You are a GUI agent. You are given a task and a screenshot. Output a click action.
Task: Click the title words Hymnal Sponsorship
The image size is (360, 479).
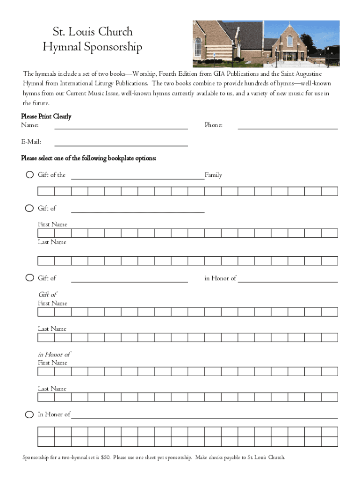coord(92,47)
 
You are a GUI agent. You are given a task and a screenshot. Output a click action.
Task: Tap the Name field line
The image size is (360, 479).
coord(121,128)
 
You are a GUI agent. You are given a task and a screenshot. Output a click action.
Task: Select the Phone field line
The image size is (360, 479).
coord(288,128)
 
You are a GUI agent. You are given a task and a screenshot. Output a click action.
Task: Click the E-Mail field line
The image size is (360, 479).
coord(121,145)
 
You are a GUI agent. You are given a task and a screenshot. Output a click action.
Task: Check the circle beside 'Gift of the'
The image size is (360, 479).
coord(29,175)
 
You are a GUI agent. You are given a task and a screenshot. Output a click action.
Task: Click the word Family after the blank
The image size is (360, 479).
coord(213,175)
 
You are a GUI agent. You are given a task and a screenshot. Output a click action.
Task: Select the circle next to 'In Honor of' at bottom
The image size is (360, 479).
coord(29,414)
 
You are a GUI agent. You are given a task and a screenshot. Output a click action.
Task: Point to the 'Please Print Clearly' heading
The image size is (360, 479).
coord(46,116)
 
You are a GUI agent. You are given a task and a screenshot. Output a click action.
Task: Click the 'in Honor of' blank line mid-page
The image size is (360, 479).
coord(288,281)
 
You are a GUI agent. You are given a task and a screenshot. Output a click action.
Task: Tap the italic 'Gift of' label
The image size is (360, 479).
coord(47,294)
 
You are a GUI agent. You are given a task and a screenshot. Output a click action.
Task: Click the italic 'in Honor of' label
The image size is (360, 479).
coord(54,354)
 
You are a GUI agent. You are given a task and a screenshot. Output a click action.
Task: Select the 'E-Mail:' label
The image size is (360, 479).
coord(31,142)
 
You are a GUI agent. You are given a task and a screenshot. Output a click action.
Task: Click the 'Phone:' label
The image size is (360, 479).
coord(213,125)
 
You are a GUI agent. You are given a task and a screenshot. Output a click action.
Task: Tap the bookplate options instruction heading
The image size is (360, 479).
coord(88,158)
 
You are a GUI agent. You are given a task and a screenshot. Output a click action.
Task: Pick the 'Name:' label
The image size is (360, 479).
coord(30,125)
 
